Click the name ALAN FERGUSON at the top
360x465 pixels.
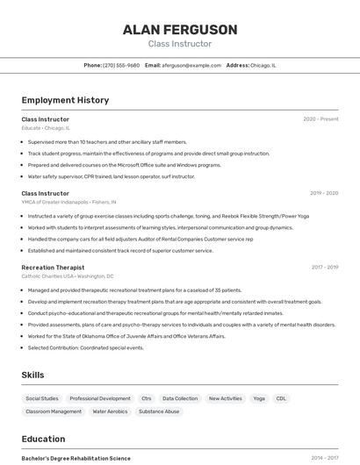[179, 30]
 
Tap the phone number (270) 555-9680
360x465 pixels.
[121, 65]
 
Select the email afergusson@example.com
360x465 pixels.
[191, 65]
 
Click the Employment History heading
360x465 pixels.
[65, 100]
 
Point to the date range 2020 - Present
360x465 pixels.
[320, 119]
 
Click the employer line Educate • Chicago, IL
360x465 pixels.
[46, 128]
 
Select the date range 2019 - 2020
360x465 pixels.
[324, 193]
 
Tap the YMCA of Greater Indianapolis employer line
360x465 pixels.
[68, 202]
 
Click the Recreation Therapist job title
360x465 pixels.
[53, 268]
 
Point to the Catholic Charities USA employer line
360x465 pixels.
[67, 276]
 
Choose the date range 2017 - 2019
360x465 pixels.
[324, 268]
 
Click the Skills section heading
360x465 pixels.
[33, 375]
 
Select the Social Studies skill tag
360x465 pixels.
[42, 398]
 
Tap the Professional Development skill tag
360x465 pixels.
[100, 398]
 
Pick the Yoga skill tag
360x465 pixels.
[259, 398]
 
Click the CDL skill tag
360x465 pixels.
[281, 398]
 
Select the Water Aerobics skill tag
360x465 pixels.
[110, 411]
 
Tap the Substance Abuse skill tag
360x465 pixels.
[159, 411]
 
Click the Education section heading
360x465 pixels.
[43, 439]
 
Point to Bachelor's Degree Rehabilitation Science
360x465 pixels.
[76, 458]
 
